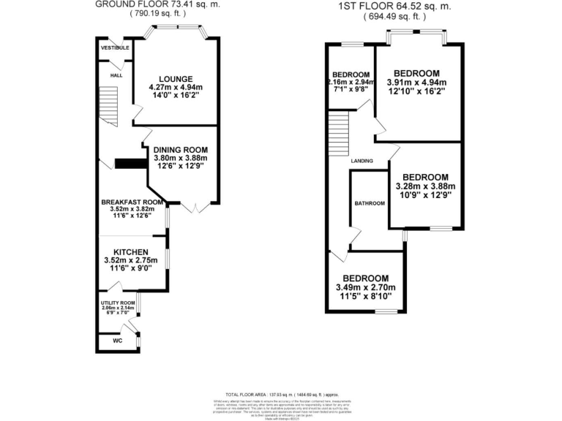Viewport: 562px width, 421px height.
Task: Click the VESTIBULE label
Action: point(115,48)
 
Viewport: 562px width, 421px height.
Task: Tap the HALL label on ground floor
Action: point(116,75)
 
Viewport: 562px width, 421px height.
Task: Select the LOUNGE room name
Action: point(175,79)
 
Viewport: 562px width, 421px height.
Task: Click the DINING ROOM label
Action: point(180,149)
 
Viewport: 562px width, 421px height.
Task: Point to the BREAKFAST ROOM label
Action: point(132,202)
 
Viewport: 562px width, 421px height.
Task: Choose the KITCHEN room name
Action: point(132,252)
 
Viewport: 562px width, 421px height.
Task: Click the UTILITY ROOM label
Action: point(119,303)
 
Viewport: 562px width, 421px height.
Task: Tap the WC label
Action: point(117,341)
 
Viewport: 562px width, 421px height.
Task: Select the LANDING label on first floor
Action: point(361,161)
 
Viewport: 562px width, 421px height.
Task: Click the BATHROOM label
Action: point(370,202)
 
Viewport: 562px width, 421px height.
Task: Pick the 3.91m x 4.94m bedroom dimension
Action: point(416,83)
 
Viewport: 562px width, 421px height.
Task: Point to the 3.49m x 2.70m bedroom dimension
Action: point(365,287)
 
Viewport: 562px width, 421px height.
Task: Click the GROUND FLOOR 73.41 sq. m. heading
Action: point(157,4)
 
